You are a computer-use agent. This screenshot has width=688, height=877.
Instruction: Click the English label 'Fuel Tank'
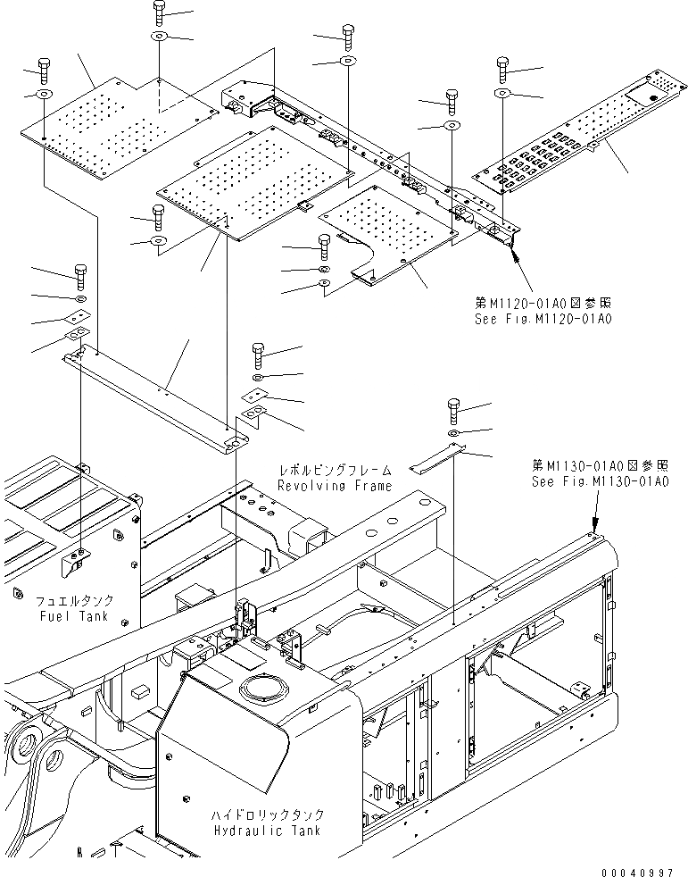[x=73, y=616]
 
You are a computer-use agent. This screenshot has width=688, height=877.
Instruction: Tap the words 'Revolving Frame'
[x=334, y=486]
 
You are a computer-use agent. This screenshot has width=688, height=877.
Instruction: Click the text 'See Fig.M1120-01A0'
[x=544, y=317]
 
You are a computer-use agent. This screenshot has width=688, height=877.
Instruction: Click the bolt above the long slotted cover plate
[x=501, y=68]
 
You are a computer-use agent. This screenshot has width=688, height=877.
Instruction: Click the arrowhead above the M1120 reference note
[x=516, y=256]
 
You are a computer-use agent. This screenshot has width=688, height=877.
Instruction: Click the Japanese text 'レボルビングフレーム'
[x=334, y=470]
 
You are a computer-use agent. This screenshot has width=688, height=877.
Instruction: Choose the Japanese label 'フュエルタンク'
[x=73, y=601]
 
